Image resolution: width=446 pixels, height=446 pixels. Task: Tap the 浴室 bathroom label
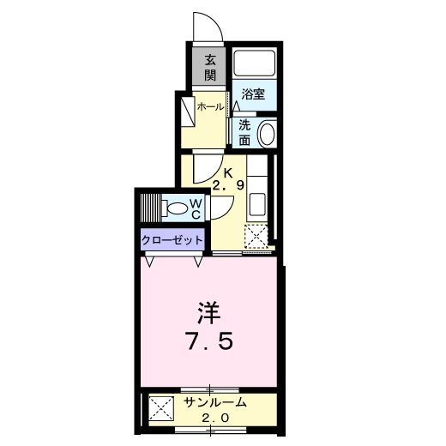pyautogui.click(x=253, y=95)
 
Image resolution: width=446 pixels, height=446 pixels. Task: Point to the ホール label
pyautogui.click(x=210, y=107)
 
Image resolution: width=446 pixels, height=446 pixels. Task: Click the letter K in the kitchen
pyautogui.click(x=229, y=172)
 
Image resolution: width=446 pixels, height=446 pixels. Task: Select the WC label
pyautogui.click(x=196, y=208)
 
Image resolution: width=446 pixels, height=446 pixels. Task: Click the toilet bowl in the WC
pyautogui.click(x=178, y=208)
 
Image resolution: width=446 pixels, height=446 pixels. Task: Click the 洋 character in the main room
pyautogui.click(x=211, y=309)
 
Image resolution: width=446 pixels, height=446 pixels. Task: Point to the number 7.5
pyautogui.click(x=211, y=341)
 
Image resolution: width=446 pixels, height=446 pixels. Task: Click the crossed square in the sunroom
pyautogui.click(x=160, y=409)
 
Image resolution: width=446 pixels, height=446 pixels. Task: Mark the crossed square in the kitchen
pyautogui.click(x=256, y=235)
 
